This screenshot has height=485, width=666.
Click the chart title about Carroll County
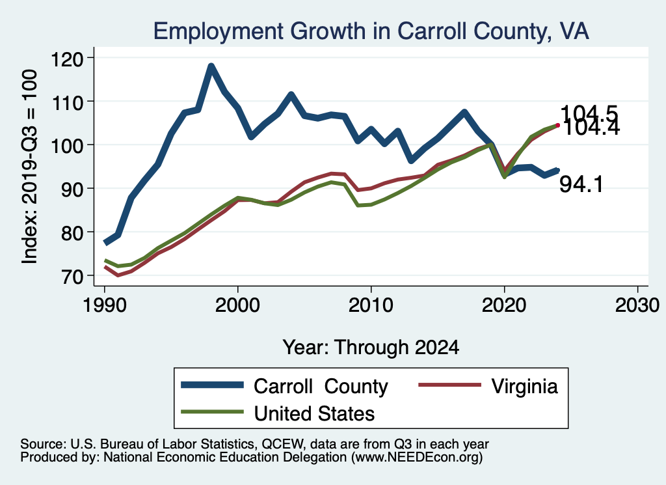tap(370, 31)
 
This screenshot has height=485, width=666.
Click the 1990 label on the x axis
tap(104, 305)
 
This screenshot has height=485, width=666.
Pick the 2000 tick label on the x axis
tap(237, 305)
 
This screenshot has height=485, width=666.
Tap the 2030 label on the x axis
tap(637, 305)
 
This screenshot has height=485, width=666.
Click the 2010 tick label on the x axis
tap(371, 305)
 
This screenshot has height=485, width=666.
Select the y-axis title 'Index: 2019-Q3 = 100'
tap(29, 167)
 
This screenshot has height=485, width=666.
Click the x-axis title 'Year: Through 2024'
tap(371, 347)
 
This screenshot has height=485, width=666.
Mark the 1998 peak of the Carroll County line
tap(211, 66)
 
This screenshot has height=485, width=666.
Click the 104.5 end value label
tap(589, 113)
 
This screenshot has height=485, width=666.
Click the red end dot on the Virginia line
tap(557, 125)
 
